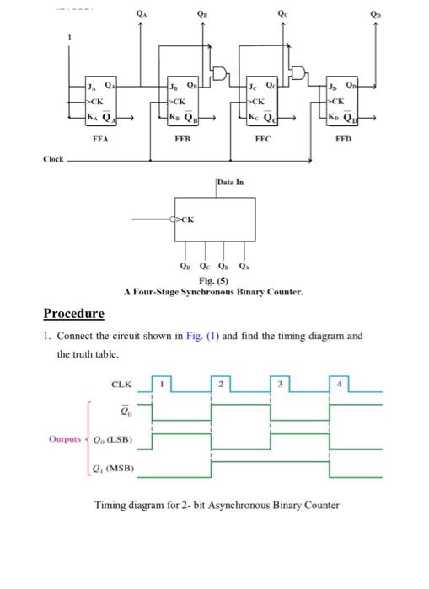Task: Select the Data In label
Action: click(230, 182)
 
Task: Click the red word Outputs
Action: click(65, 438)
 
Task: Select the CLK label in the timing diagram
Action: click(121, 385)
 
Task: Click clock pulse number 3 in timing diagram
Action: click(284, 385)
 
